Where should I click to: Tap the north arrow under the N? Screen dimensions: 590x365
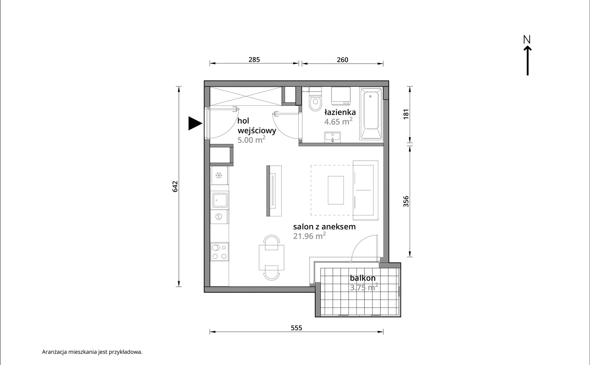tap(528, 61)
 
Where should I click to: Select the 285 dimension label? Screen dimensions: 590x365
tap(254, 59)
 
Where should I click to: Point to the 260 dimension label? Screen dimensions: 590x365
tap(343, 60)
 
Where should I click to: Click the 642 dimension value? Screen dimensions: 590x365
tap(175, 186)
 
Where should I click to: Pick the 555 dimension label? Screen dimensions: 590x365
tap(297, 328)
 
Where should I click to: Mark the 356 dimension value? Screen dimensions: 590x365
tap(406, 201)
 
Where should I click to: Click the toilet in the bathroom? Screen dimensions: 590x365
tap(315, 99)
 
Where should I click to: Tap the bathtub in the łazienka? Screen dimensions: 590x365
tap(371, 114)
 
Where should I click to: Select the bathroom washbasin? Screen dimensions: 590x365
tap(333, 137)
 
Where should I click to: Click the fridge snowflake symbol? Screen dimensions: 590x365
tap(219, 176)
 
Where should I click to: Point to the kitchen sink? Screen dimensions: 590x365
tap(220, 200)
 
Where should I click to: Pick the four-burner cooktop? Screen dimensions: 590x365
tap(220, 252)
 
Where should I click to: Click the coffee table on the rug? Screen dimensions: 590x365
tap(336, 190)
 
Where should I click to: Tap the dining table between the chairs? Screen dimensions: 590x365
tap(271, 258)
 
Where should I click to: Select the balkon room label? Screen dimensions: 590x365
tap(363, 278)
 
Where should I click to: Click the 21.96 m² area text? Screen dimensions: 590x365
tap(309, 236)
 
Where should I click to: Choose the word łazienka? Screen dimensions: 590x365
tap(340, 112)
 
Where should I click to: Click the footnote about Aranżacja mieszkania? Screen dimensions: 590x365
tap(92, 352)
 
